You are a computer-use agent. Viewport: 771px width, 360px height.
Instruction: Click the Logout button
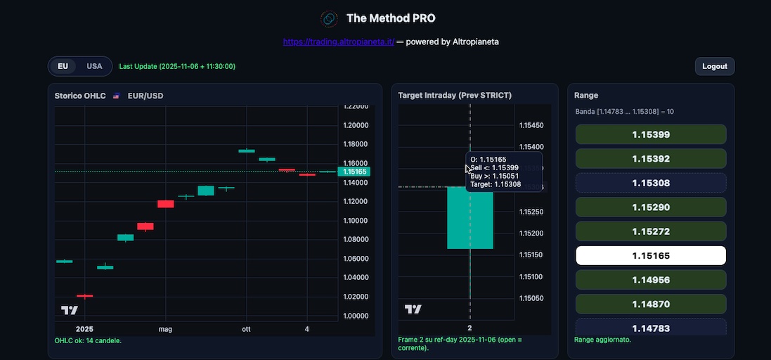[x=715, y=66]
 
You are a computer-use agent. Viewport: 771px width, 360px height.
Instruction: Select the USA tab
[x=94, y=66]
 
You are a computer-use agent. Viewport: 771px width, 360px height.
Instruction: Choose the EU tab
[x=63, y=66]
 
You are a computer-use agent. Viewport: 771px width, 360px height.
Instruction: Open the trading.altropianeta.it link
[x=338, y=41]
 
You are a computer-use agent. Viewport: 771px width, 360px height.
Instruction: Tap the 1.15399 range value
[x=650, y=134]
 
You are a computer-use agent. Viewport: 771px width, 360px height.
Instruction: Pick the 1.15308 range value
[x=650, y=183]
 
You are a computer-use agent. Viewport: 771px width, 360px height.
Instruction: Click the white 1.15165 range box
[x=650, y=256]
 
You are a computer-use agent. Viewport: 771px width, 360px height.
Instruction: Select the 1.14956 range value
[x=650, y=280]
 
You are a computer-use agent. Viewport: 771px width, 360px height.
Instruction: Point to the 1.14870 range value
[x=650, y=304]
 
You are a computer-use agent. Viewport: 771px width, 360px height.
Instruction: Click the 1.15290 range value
[x=650, y=207]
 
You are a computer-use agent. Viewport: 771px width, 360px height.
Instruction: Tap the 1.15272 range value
[x=650, y=231]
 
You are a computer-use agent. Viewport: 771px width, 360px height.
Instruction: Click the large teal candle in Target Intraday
[x=469, y=218]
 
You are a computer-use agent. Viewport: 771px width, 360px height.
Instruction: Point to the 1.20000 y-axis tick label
[x=354, y=125]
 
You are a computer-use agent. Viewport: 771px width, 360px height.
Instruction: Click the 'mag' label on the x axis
[x=165, y=329]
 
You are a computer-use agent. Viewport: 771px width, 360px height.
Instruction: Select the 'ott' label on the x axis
[x=246, y=329]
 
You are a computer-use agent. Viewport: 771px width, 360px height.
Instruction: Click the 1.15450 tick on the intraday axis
[x=531, y=126]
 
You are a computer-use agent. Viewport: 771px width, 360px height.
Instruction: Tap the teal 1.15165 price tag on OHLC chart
[x=354, y=172]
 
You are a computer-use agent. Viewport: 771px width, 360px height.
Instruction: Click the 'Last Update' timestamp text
[x=177, y=67]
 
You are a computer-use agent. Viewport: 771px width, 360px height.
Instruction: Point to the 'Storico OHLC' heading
[x=80, y=96]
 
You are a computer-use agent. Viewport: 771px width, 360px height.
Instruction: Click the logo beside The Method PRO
[x=329, y=18]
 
